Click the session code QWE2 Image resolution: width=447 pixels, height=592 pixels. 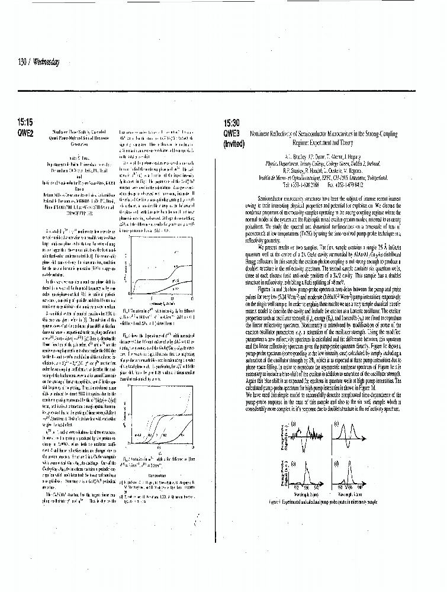click(25, 133)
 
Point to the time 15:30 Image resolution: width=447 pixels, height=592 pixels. click(231, 124)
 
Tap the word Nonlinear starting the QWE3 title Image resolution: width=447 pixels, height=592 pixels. click(262, 134)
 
